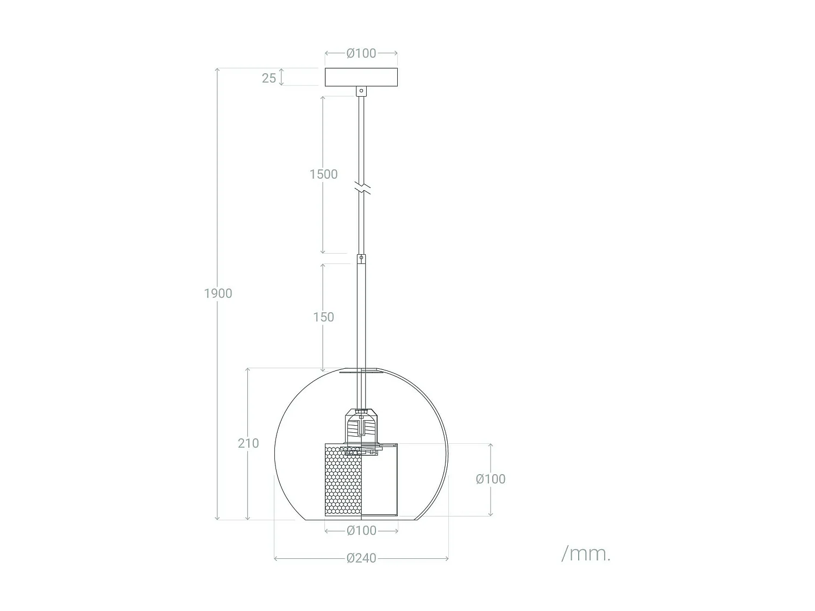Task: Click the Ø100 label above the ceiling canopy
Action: [x=361, y=53]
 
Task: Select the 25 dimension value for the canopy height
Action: [x=269, y=78]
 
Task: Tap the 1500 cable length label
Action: [x=323, y=174]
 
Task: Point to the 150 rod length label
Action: [x=323, y=317]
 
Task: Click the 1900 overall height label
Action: [x=218, y=294]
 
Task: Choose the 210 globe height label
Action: [x=248, y=443]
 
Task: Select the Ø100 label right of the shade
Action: [x=490, y=479]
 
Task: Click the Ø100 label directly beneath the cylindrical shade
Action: [x=361, y=531]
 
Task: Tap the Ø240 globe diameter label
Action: [x=361, y=558]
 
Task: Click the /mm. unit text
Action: [x=586, y=554]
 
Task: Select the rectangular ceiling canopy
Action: [x=361, y=77]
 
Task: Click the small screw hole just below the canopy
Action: [x=361, y=91]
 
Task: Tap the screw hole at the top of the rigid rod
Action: [x=361, y=258]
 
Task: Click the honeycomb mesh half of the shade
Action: [x=343, y=479]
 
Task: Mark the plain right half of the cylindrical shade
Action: [x=380, y=479]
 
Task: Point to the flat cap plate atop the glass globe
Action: [x=361, y=372]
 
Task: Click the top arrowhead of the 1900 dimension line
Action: [x=218, y=70]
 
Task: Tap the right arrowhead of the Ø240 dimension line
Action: [x=447, y=558]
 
